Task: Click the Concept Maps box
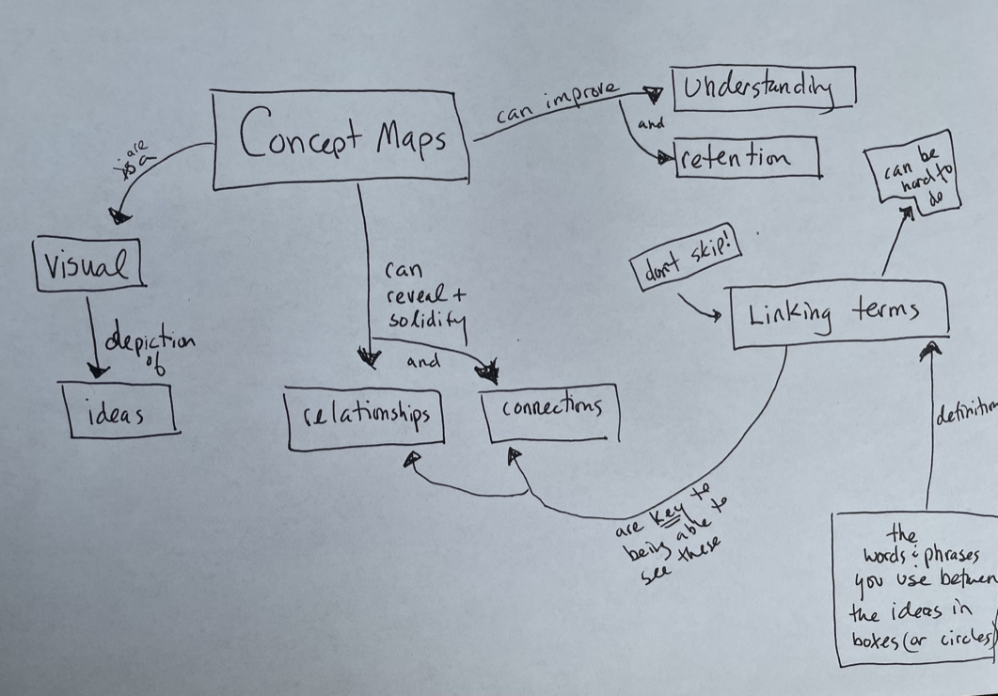pos(340,139)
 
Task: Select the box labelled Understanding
pos(763,89)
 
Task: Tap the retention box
pos(748,158)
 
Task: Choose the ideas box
pos(119,409)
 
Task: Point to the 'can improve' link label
pos(557,101)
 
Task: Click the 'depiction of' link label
pos(151,349)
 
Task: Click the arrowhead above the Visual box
pos(119,216)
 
